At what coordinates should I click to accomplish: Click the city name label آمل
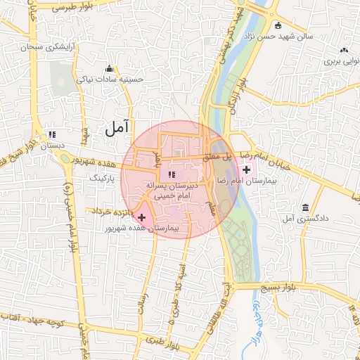(x=118, y=128)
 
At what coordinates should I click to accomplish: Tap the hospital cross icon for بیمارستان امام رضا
(x=246, y=169)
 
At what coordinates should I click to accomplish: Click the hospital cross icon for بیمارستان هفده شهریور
(x=142, y=218)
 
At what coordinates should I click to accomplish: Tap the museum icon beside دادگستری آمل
(x=305, y=209)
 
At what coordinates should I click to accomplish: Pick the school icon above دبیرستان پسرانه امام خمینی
(x=172, y=174)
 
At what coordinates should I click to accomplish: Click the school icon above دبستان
(x=51, y=134)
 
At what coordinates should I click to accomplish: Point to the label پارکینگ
(x=107, y=179)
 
